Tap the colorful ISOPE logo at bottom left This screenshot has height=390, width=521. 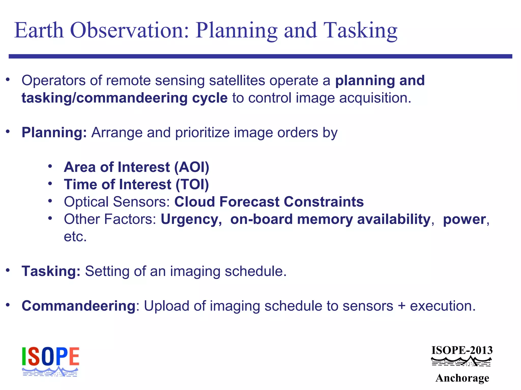[50, 361]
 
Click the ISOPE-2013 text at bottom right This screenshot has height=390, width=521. [462, 350]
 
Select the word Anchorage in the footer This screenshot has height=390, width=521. [462, 378]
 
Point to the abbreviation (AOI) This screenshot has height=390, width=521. [192, 167]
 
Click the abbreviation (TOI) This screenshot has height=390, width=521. [192, 185]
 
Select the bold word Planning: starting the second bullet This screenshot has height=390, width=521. [54, 133]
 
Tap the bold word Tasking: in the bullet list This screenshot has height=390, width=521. [51, 271]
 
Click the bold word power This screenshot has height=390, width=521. [464, 219]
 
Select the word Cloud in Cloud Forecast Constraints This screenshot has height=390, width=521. [195, 202]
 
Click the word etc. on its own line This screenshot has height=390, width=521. [75, 237]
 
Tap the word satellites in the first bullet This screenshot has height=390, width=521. [237, 80]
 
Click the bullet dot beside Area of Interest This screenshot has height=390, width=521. [50, 166]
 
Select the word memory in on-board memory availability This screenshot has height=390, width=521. [325, 219]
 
